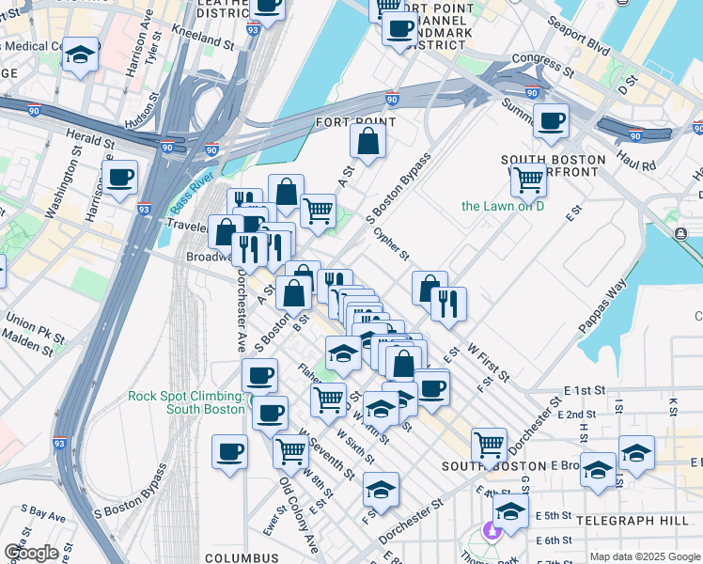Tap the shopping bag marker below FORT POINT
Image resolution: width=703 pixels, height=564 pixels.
point(368,142)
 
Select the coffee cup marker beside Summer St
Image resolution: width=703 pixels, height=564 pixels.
point(551,120)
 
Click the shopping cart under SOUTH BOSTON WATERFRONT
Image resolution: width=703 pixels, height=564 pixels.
point(529,178)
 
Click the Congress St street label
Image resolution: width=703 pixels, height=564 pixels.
point(540,67)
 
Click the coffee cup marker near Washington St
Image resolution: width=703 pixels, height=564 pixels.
point(120,178)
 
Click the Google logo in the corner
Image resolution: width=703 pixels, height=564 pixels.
point(31,553)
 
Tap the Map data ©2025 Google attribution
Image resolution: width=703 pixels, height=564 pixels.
point(644,556)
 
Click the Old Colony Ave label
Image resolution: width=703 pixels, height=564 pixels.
point(298,515)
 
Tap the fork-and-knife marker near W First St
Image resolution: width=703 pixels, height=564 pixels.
point(448,304)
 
